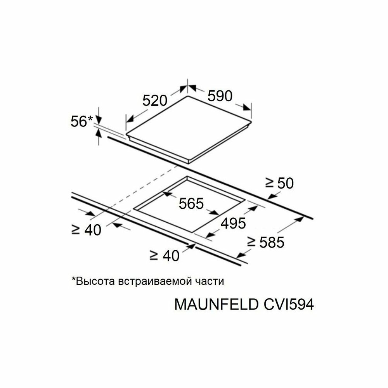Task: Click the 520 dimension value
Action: [x=154, y=101]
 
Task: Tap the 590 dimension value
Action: [x=220, y=95]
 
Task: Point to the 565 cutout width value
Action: [x=191, y=203]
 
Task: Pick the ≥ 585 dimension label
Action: [x=266, y=242]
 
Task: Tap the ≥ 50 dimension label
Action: [x=279, y=183]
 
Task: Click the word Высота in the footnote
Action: [x=93, y=281]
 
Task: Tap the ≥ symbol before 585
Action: [x=252, y=243]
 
